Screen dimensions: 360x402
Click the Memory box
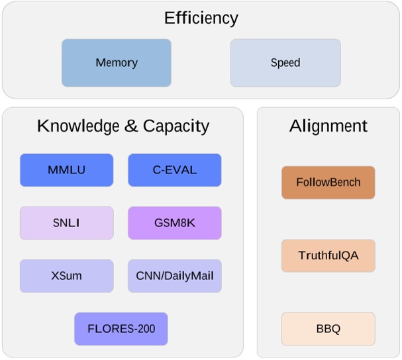point(116,63)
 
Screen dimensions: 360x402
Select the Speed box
point(285,63)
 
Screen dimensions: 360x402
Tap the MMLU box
point(66,170)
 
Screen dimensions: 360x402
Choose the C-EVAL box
point(174,170)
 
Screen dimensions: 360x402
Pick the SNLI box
point(66,223)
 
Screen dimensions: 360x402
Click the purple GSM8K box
point(174,223)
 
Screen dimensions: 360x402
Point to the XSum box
point(66,276)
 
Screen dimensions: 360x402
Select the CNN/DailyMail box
point(174,276)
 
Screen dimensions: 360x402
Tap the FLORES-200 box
point(121,329)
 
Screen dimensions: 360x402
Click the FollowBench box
point(328,183)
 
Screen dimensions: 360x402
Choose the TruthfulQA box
point(328,255)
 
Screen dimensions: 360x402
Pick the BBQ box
point(328,329)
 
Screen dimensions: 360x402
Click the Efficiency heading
point(201,18)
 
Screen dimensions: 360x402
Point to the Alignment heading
point(328,126)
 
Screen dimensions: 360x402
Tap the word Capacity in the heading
point(176,126)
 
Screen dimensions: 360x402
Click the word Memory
point(116,63)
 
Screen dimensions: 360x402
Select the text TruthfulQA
point(328,255)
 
